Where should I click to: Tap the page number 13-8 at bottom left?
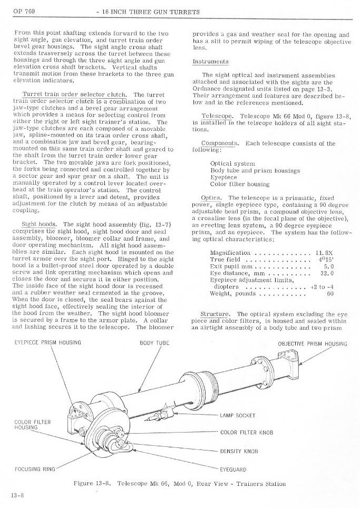pos(14,495)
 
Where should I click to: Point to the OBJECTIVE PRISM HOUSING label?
pos(313,344)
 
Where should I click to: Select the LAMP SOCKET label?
pos(238,415)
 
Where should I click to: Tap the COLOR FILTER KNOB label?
pos(247,433)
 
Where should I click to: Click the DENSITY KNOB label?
pos(239,452)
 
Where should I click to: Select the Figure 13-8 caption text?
pos(179,483)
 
